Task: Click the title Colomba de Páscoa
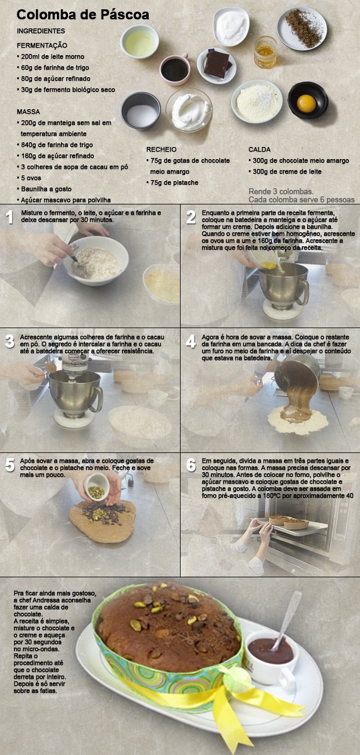[x=83, y=15]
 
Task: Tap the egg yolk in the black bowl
[x=307, y=103]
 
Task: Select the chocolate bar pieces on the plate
[x=217, y=64]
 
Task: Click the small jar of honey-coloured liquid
[x=266, y=53]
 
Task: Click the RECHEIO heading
[x=161, y=149]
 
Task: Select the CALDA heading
[x=259, y=149]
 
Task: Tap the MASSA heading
[x=28, y=112]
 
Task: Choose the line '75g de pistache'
[x=172, y=183]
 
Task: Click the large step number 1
[x=9, y=217]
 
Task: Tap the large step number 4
[x=191, y=341]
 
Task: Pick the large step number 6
[x=191, y=465]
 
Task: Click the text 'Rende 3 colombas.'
[x=281, y=192]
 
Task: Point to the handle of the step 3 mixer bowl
[x=98, y=399]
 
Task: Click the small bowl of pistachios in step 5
[x=97, y=487]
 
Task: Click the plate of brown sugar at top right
[x=302, y=28]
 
